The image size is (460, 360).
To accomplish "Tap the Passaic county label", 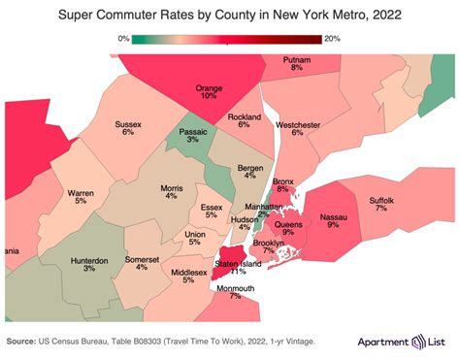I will point(193,130).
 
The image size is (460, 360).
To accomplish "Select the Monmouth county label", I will point(235,288).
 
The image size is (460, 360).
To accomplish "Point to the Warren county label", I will point(81,193).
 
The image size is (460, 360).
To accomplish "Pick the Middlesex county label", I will point(188,274).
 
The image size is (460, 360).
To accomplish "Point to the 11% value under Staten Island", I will point(238,273).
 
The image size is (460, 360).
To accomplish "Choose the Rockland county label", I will point(245,117).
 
